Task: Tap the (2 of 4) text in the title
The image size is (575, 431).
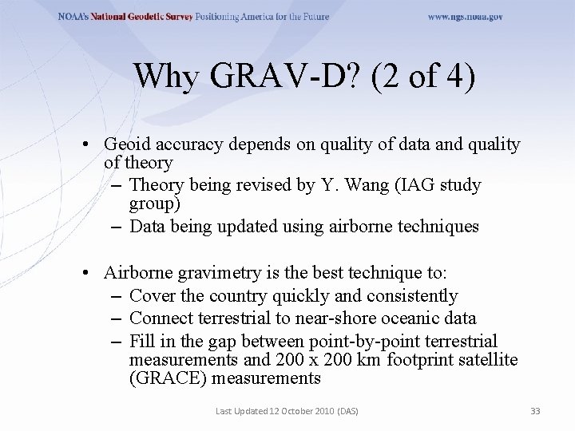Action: (x=423, y=77)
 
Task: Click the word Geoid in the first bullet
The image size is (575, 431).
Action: (x=126, y=144)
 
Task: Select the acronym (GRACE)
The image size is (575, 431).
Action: (x=167, y=378)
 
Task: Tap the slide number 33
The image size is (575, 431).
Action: (x=535, y=411)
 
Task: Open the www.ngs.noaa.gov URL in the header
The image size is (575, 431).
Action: (x=465, y=16)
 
